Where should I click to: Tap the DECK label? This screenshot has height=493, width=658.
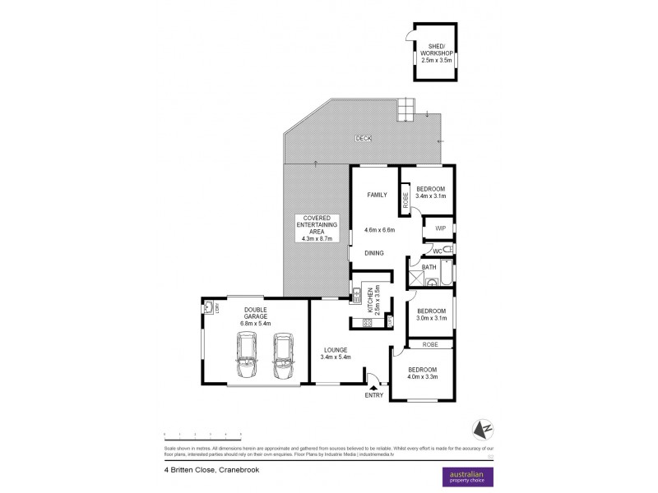click(363, 139)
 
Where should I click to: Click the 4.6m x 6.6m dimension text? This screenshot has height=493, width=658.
click(379, 231)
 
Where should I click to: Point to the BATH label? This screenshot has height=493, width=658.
click(429, 268)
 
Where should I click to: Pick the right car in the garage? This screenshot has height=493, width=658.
click(283, 356)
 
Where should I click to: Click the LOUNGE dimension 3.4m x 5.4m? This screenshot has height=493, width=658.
click(336, 357)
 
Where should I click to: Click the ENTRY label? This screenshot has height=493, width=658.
click(375, 395)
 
